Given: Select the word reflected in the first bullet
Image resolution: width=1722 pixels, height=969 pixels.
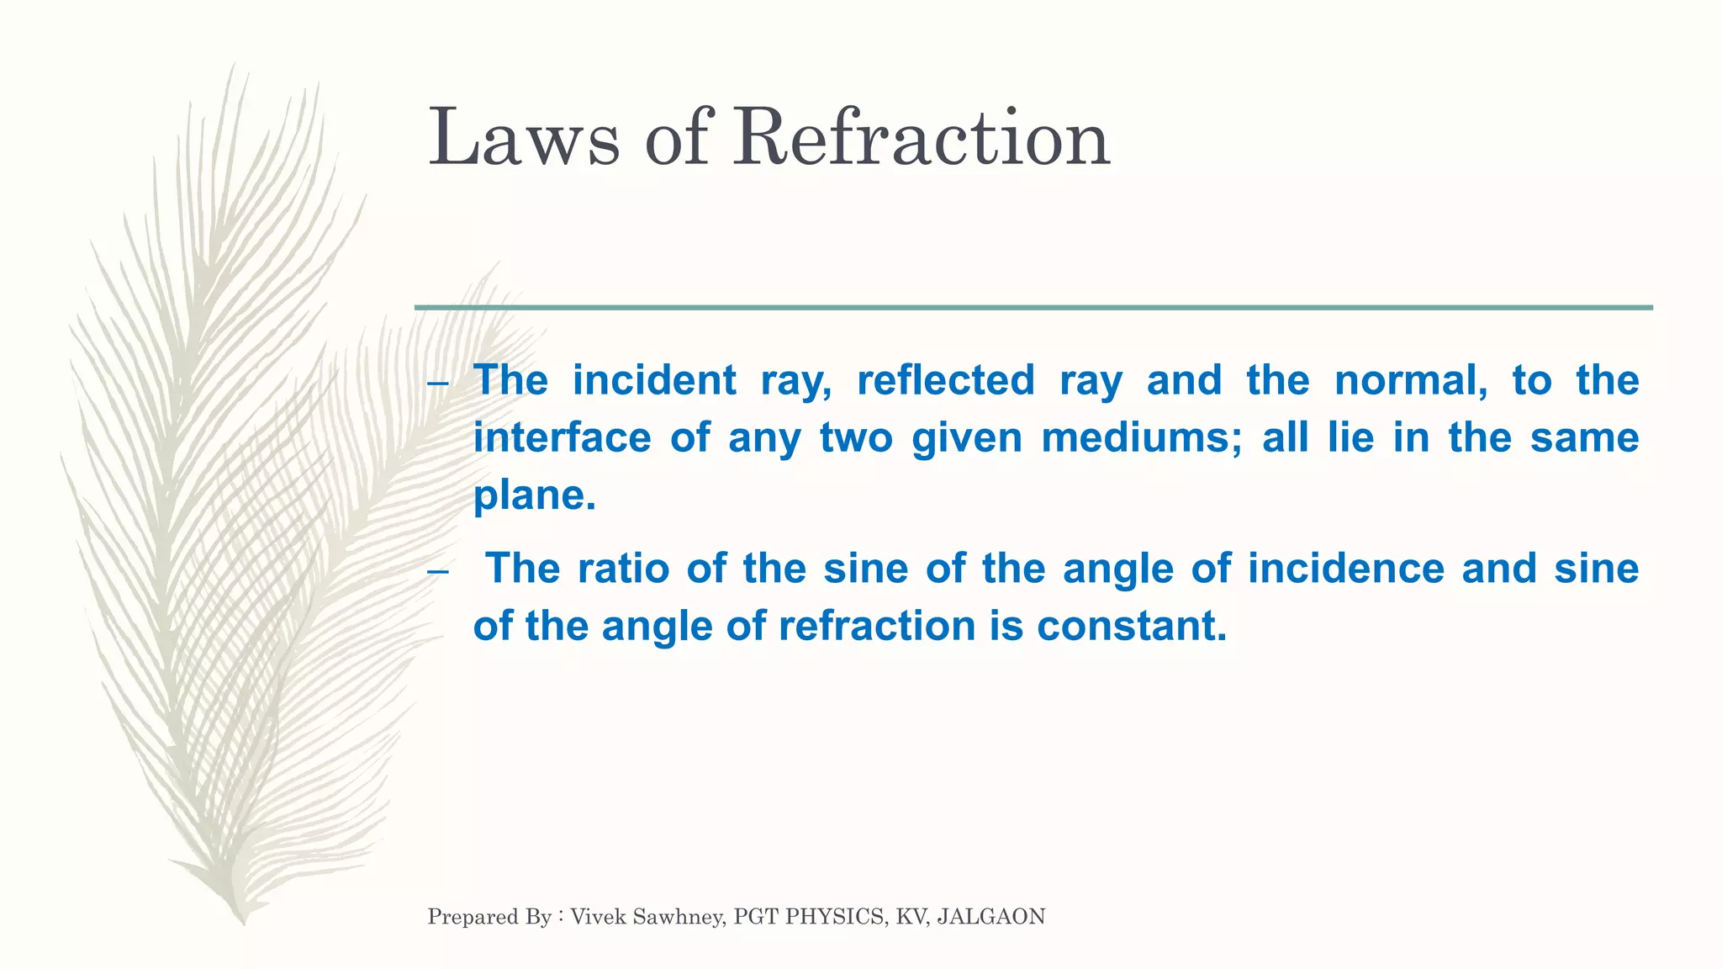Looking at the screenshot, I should click(946, 380).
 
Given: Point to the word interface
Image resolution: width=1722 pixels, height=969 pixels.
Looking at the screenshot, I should click(562, 437).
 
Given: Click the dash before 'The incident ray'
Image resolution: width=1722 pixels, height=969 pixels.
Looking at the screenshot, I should click(437, 384).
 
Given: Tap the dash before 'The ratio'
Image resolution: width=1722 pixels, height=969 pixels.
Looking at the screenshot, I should click(437, 572).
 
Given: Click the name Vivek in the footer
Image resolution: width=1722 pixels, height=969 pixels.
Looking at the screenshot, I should click(598, 916).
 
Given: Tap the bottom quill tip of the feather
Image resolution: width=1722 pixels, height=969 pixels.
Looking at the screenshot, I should click(243, 921).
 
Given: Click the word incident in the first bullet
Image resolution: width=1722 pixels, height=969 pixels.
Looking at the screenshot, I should click(654, 380).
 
